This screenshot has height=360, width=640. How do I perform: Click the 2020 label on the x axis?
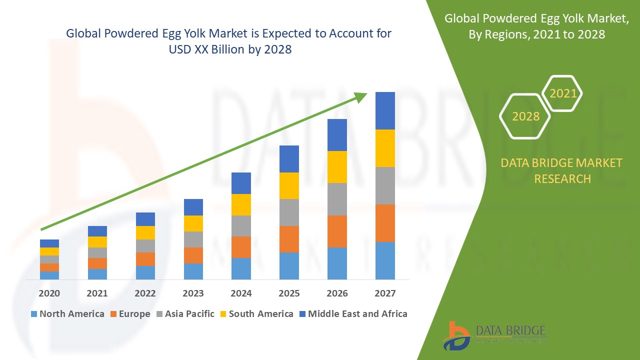[49, 293]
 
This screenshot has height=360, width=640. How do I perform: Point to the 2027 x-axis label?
[385, 293]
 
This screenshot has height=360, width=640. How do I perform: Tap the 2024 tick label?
[241, 293]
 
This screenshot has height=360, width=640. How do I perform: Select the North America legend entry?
[67, 314]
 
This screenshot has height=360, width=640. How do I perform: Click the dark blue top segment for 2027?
[385, 110]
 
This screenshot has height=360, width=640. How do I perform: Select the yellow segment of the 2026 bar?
[337, 167]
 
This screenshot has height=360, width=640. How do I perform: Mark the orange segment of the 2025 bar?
[289, 239]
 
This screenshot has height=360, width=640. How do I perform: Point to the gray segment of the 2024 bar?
[241, 226]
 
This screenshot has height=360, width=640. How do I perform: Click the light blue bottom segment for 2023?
[193, 271]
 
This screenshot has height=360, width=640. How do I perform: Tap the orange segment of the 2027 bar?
[385, 223]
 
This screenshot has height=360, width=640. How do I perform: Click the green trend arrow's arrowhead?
[361, 97]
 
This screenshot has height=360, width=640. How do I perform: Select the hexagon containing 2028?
[525, 116]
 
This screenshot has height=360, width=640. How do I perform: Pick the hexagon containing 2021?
[562, 93]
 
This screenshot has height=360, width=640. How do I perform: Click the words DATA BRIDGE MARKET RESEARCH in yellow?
[562, 170]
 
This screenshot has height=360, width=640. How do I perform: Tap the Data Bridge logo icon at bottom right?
[456, 335]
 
